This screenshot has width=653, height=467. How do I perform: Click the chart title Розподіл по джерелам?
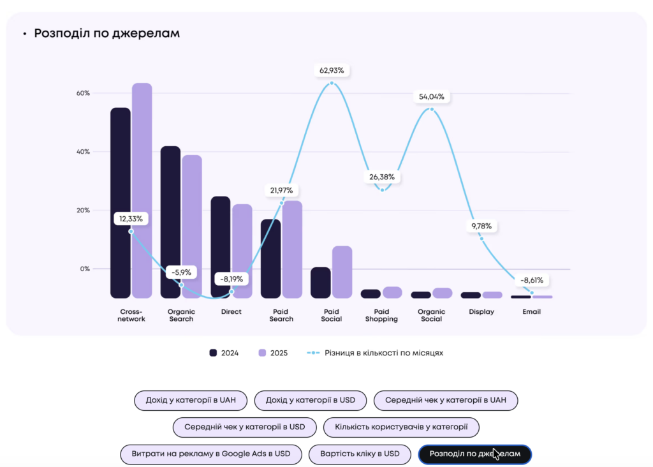[x=106, y=33]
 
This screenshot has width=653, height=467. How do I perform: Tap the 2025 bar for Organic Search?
[x=191, y=226]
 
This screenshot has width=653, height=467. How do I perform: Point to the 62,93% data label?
[x=332, y=70]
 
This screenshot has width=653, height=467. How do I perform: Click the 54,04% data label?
[x=432, y=97]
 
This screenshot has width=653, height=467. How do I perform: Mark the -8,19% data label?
[x=231, y=279]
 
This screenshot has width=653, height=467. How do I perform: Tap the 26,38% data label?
[x=382, y=177]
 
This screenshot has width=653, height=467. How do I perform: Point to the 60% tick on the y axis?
[x=83, y=93]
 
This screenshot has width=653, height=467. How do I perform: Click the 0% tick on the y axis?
[x=85, y=269]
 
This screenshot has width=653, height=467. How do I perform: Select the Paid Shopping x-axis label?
[x=381, y=315]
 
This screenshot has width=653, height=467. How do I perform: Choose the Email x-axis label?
[x=531, y=312]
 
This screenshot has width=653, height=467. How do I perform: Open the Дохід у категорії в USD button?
[x=311, y=401]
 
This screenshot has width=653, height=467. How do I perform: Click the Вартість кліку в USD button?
[x=360, y=454]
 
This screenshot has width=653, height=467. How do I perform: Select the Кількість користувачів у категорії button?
[x=401, y=427]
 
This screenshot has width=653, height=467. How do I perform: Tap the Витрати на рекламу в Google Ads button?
[x=210, y=454]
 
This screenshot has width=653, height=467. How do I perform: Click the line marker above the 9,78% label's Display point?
[x=481, y=239]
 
